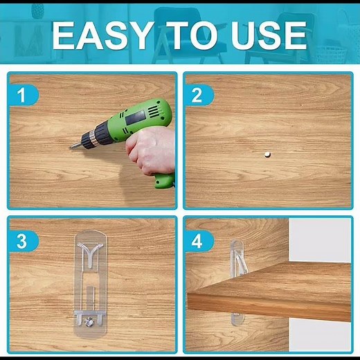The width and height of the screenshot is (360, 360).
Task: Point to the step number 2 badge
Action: pos(197,95)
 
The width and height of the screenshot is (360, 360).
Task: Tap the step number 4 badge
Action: pos(197,241)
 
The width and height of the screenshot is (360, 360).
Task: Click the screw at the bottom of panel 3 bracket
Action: pos(89,321)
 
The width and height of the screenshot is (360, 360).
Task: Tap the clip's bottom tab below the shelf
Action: pos(237,321)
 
